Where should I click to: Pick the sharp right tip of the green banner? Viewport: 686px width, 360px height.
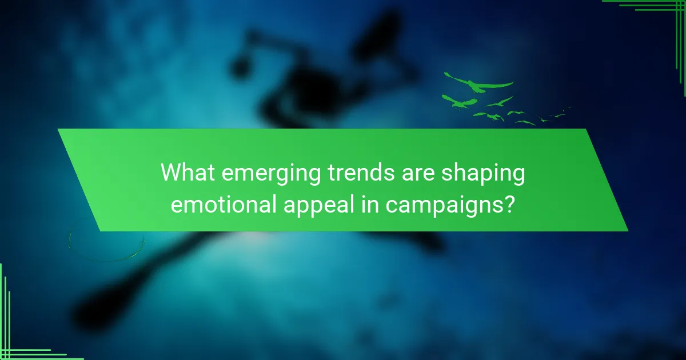(x=628, y=231)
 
